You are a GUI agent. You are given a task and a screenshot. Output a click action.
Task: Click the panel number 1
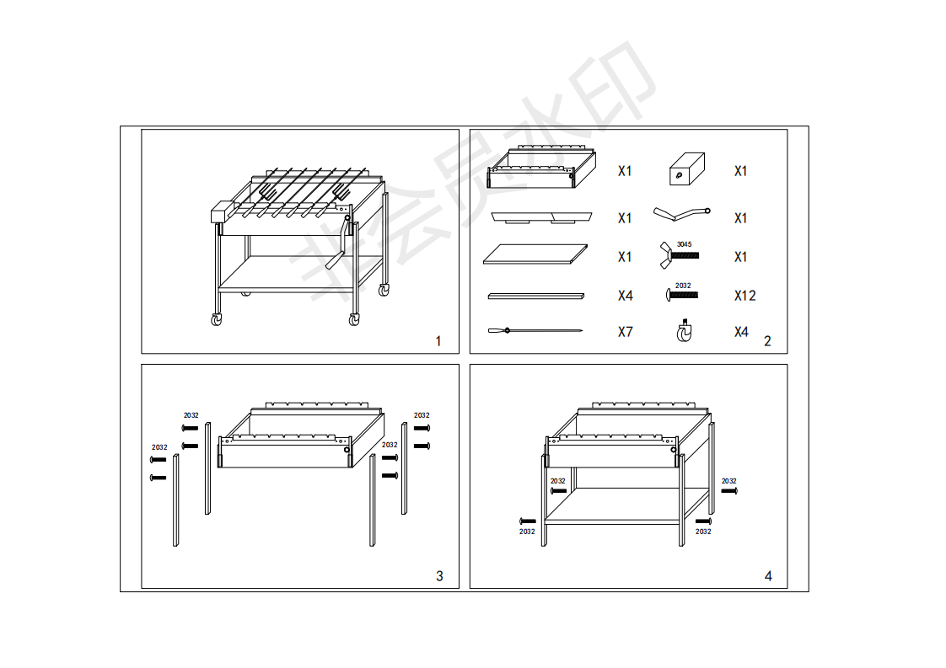438,341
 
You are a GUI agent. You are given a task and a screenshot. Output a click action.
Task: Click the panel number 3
440,576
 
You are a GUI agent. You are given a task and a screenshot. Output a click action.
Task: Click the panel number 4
768,576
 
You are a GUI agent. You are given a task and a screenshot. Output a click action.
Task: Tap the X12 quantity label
745,296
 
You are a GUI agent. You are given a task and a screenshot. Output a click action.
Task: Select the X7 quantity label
626,332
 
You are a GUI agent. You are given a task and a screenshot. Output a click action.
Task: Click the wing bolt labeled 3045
680,255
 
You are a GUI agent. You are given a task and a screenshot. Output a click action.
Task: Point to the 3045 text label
684,244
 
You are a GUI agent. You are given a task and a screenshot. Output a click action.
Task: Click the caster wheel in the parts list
684,331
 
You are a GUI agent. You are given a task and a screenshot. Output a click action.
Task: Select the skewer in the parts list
535,330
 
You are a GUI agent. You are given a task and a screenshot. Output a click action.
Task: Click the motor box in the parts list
687,168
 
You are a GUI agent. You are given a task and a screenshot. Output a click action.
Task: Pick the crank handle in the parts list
682,213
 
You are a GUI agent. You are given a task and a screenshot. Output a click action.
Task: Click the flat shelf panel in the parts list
535,254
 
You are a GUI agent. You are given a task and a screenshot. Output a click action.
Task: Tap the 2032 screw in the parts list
682,295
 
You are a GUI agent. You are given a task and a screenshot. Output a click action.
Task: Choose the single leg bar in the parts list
535,296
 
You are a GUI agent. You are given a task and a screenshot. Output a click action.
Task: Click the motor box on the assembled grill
222,212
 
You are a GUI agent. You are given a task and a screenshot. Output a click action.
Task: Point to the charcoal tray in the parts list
541,217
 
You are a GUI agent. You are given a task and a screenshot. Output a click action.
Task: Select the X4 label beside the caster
741,332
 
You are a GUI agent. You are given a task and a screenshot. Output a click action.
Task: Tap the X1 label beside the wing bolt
741,257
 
